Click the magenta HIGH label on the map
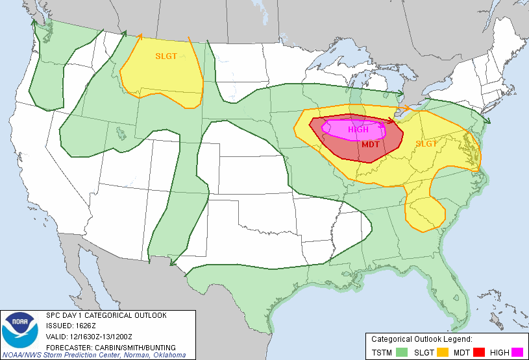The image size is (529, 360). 358,130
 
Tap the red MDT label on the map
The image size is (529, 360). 371,145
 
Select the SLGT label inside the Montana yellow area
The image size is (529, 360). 166,56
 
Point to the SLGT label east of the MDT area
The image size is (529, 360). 426,144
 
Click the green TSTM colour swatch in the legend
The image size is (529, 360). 402,352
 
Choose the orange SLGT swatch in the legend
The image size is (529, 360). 443,352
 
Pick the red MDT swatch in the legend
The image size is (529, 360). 480,352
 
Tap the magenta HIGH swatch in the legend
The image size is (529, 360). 517,352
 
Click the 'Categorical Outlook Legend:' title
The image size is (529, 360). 421,339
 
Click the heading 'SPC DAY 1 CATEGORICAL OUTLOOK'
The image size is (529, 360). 106,315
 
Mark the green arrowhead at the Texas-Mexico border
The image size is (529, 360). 173,262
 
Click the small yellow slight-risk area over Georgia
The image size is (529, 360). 424,211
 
